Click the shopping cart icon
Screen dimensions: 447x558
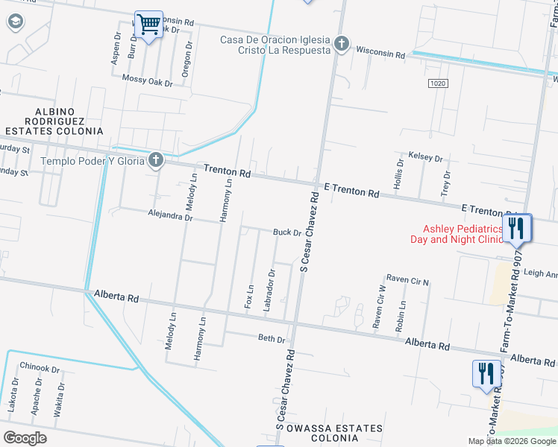(149, 25)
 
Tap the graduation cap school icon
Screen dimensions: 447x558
(14, 22)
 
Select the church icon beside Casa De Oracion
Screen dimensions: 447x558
(342, 44)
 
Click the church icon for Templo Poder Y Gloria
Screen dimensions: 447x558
(155, 159)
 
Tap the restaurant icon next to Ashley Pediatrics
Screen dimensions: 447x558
(517, 229)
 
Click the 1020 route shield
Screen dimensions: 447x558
(439, 83)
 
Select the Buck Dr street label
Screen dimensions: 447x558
(286, 232)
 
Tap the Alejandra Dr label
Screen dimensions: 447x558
(171, 218)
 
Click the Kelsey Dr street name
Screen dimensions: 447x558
(426, 158)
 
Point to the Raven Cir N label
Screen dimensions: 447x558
(407, 281)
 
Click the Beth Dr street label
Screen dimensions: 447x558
(272, 339)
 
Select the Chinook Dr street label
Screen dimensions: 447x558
(40, 369)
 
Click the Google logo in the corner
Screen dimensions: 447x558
(25, 437)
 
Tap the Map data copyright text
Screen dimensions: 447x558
(512, 441)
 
